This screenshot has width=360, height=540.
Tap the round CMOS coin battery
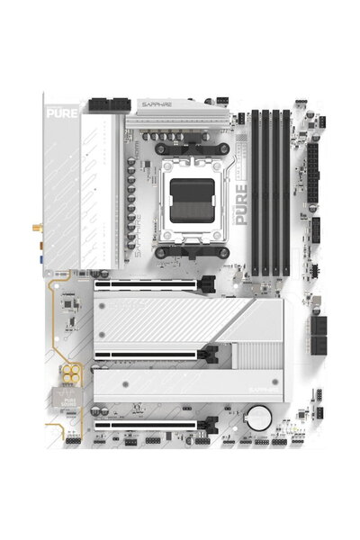click(259, 417)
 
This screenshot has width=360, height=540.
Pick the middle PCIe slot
click(148, 354)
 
